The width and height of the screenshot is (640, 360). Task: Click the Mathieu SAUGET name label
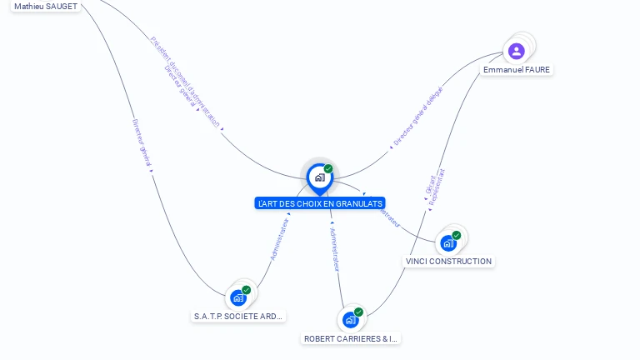46,7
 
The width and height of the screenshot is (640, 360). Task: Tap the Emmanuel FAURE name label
517,70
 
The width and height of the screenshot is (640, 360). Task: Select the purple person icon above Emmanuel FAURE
517,51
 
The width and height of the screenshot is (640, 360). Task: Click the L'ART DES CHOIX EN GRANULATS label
320,203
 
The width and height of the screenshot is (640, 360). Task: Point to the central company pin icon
319,177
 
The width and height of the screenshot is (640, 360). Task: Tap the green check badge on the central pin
328,168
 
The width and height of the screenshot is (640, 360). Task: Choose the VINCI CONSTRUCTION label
448,262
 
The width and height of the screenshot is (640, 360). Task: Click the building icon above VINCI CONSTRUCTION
448,243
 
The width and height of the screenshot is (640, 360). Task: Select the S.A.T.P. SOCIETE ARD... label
238,317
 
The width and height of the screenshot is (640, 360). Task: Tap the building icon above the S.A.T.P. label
238,297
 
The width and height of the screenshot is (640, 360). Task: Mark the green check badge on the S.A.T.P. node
247,290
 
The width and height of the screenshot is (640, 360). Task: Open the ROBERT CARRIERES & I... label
351,339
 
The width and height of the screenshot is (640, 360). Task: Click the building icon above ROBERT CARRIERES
351,320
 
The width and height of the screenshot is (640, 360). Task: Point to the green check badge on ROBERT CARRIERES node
359,312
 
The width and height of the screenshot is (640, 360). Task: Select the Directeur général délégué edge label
418,117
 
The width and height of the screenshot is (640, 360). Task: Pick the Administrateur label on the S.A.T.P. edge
279,237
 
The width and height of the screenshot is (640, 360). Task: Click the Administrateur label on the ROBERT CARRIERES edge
335,248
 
